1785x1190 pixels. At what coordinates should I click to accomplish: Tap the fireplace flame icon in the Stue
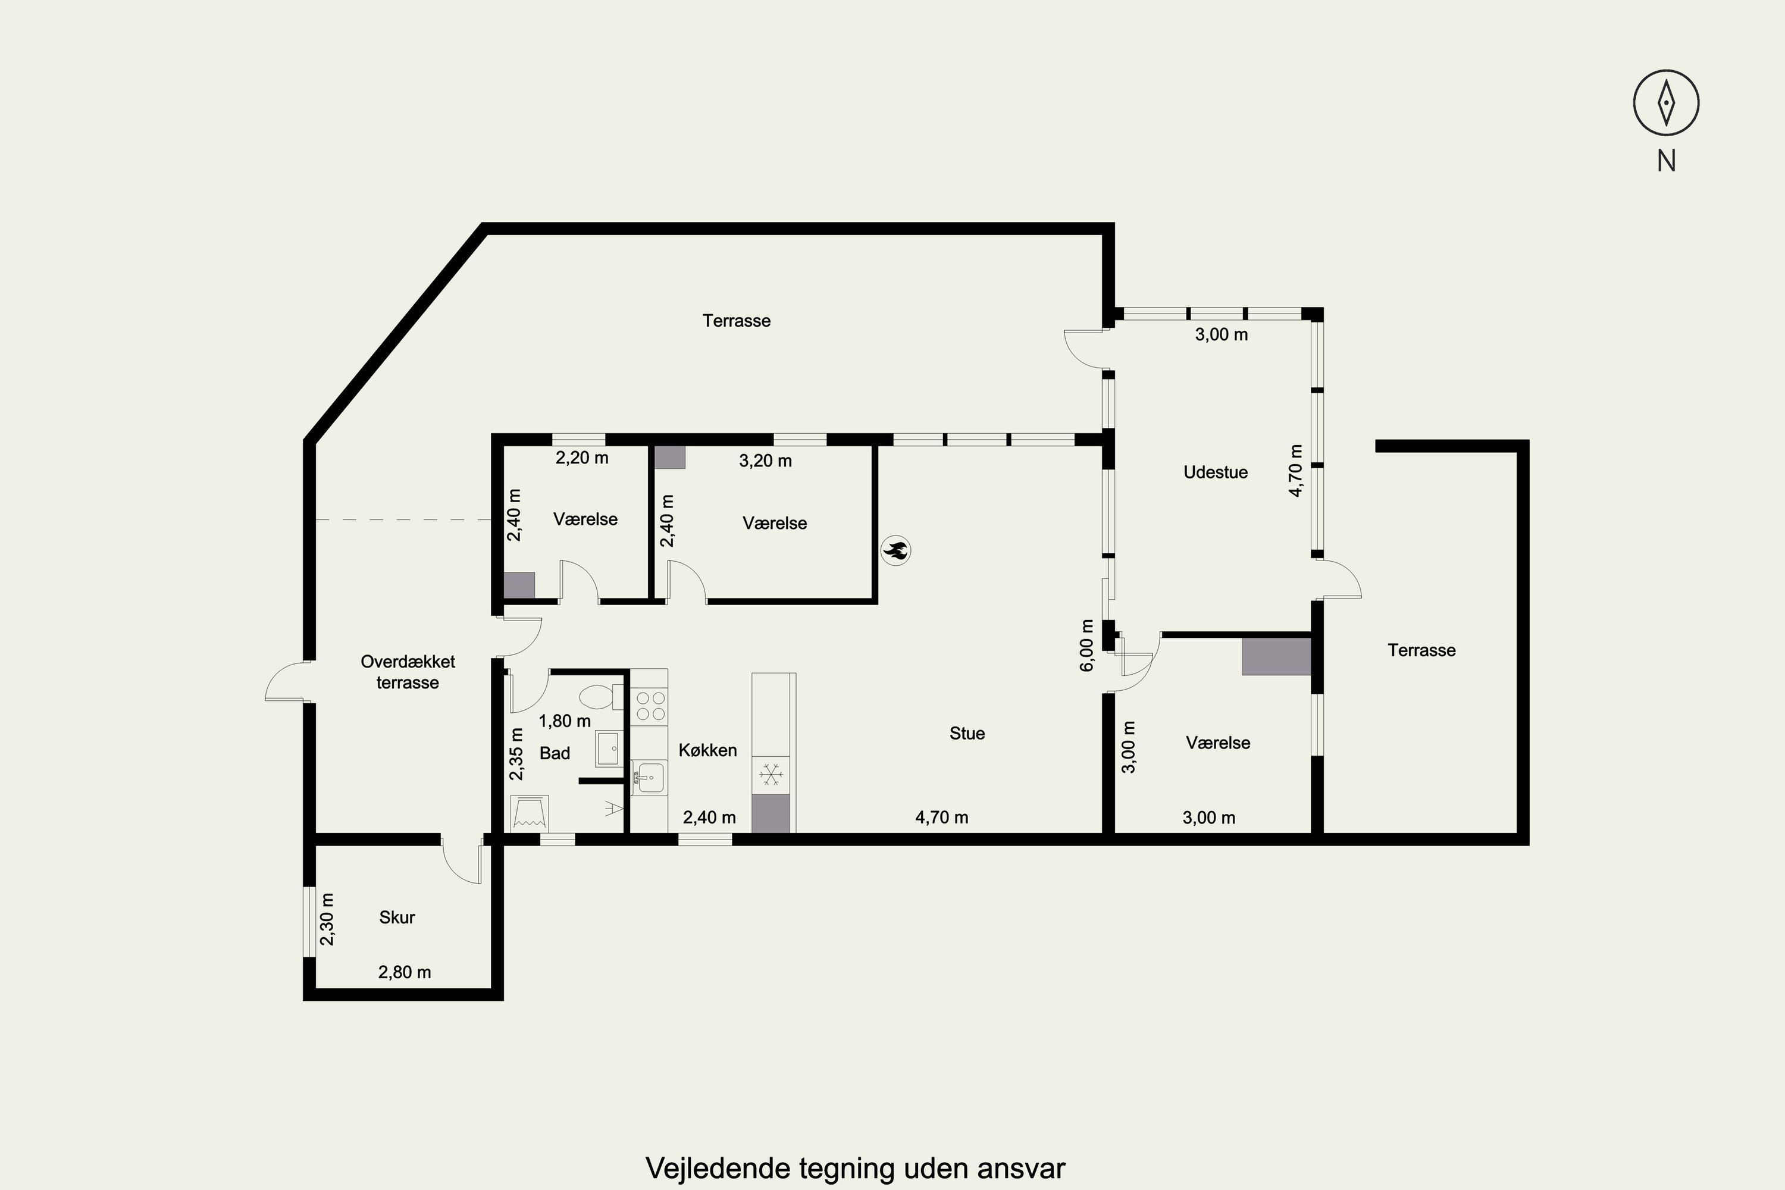tap(895, 551)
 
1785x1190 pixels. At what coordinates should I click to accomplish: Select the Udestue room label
tap(1216, 472)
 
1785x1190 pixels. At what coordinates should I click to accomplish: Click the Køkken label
tap(707, 750)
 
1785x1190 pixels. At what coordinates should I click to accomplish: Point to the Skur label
tap(397, 917)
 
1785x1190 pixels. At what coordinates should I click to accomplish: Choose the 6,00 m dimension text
tap(1087, 645)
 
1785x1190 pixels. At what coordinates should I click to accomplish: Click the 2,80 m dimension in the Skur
tap(405, 972)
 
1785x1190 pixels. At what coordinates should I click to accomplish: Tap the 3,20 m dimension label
tap(765, 461)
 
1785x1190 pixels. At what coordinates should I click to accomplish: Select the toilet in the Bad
tap(600, 696)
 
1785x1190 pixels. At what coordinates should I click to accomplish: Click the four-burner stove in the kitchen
tap(649, 705)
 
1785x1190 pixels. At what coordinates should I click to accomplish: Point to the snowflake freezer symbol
tap(771, 775)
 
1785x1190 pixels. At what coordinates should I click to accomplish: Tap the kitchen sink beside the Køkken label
tap(647, 778)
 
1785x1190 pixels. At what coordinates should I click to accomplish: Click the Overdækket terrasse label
tap(408, 672)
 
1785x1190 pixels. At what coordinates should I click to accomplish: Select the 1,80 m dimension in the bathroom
tap(565, 721)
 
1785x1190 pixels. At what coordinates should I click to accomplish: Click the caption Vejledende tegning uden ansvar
tap(856, 1168)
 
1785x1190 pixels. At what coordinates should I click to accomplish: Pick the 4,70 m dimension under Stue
tap(942, 818)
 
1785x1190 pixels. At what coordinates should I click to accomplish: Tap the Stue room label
tap(967, 733)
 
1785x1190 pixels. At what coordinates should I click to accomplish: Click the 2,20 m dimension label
tap(582, 458)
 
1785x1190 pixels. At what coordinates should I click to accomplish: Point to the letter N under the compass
tap(1667, 161)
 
